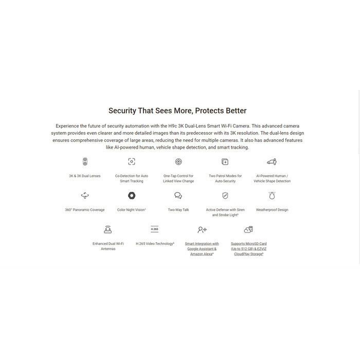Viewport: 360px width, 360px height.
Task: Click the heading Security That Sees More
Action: click(177, 111)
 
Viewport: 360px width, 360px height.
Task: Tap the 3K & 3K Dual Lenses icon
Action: click(85, 161)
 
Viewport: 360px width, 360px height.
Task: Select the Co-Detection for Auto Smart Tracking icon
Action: click(132, 161)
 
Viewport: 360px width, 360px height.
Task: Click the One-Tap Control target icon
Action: click(178, 161)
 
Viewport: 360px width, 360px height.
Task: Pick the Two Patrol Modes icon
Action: click(225, 161)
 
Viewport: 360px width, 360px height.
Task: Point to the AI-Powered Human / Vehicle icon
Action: click(272, 161)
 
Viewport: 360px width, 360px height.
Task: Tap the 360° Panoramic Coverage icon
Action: click(85, 195)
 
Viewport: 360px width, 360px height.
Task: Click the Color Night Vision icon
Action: click(132, 195)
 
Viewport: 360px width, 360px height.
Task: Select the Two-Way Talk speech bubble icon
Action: click(178, 195)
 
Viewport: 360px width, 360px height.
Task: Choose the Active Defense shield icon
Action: click(225, 195)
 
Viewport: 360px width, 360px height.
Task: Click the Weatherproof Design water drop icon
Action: click(272, 195)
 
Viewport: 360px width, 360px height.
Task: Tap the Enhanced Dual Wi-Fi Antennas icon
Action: click(108, 229)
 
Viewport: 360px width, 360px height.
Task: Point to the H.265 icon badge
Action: click(155, 229)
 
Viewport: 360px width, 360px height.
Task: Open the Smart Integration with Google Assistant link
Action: click(202, 248)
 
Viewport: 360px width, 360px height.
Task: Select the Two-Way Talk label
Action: click(178, 210)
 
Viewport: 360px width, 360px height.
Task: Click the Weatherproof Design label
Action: click(272, 210)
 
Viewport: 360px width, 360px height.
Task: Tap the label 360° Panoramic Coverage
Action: click(85, 210)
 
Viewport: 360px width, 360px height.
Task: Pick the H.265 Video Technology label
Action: click(155, 244)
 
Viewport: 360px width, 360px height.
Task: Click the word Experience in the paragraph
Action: click(70, 126)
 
